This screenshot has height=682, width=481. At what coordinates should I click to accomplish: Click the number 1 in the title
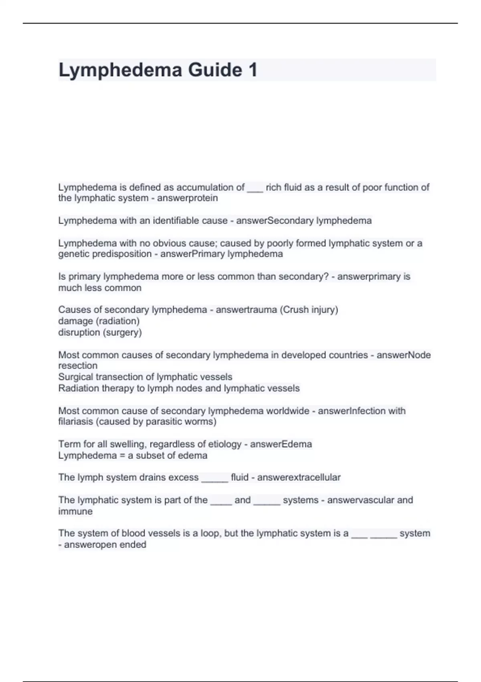(x=253, y=70)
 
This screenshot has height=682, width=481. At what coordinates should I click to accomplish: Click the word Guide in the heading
(x=215, y=70)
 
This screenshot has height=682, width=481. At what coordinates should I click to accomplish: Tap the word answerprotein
(x=188, y=198)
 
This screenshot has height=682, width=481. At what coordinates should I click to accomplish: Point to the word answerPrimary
(x=192, y=254)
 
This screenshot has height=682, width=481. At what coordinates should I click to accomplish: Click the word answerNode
(x=404, y=355)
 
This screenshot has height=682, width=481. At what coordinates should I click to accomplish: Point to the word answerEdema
(x=281, y=444)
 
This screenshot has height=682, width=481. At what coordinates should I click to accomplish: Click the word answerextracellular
(x=299, y=477)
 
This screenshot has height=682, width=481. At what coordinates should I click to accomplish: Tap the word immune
(x=75, y=511)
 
